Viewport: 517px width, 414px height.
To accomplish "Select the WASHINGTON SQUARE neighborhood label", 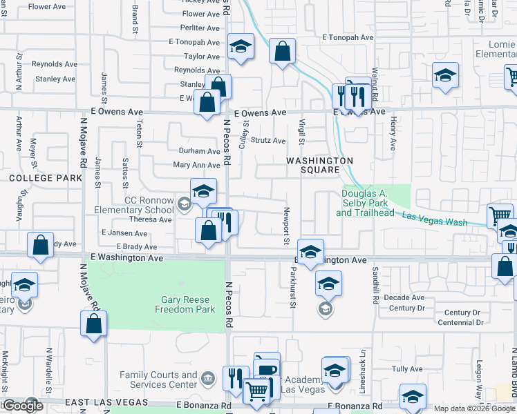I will pos(320,165).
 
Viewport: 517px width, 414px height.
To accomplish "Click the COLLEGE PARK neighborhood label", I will pos(36,177).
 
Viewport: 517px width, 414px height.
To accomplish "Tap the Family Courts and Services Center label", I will pos(159,379).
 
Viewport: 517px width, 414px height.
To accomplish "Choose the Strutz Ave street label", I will pos(268,141).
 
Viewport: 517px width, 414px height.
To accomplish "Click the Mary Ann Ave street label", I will pos(196,165).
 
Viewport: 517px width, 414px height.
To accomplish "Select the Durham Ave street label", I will pos(199,151).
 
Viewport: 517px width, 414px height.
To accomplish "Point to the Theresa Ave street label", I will pos(155,219).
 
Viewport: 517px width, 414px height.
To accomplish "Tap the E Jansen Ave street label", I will pos(124,233).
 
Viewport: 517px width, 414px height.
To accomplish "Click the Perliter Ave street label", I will pos(200,28).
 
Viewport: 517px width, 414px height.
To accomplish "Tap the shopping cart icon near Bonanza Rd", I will pos(257,391).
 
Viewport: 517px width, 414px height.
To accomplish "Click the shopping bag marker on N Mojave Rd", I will pos(93,324).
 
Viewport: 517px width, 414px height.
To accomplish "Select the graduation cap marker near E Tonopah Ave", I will pos(240,48).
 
